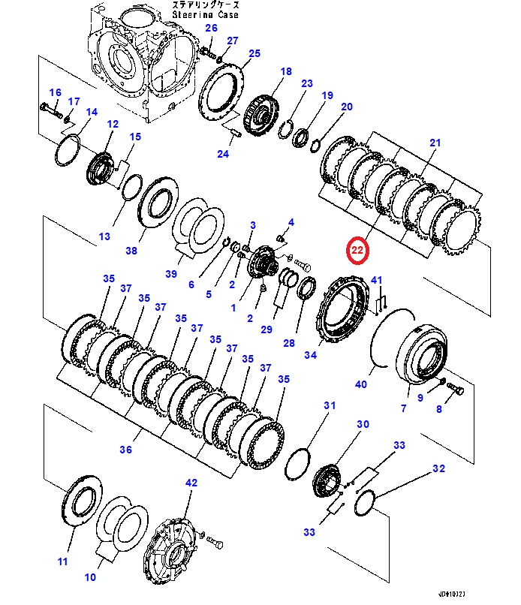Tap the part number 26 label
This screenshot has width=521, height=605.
click(x=211, y=29)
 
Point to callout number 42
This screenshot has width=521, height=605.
click(x=191, y=483)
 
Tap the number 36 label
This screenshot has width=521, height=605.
click(x=125, y=450)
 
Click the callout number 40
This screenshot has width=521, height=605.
click(x=360, y=384)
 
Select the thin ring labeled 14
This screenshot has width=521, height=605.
click(x=68, y=149)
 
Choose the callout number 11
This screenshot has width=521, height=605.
click(x=62, y=561)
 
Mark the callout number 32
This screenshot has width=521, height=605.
click(x=438, y=469)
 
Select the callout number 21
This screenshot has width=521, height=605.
click(x=435, y=143)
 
